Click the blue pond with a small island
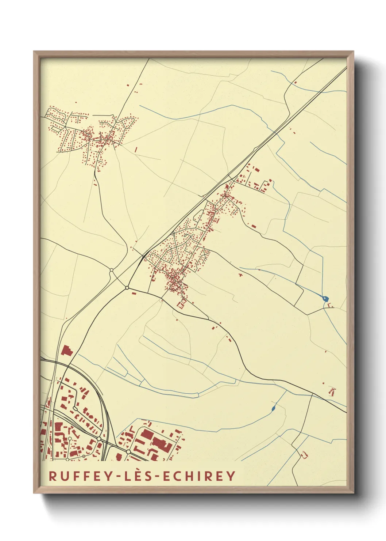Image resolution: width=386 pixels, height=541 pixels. point(326,299)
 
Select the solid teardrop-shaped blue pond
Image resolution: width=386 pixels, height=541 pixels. point(274,408)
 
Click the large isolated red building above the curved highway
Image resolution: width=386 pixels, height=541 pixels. point(67,351)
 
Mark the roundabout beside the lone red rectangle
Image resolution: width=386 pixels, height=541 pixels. point(127,288)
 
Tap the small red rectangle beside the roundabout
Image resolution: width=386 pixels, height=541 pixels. point(133,292)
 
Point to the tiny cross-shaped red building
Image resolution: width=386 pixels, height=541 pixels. point(240,274)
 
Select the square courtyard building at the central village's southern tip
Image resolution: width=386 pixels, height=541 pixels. point(181,303)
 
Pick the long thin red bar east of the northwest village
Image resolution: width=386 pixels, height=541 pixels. point(136,150)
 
